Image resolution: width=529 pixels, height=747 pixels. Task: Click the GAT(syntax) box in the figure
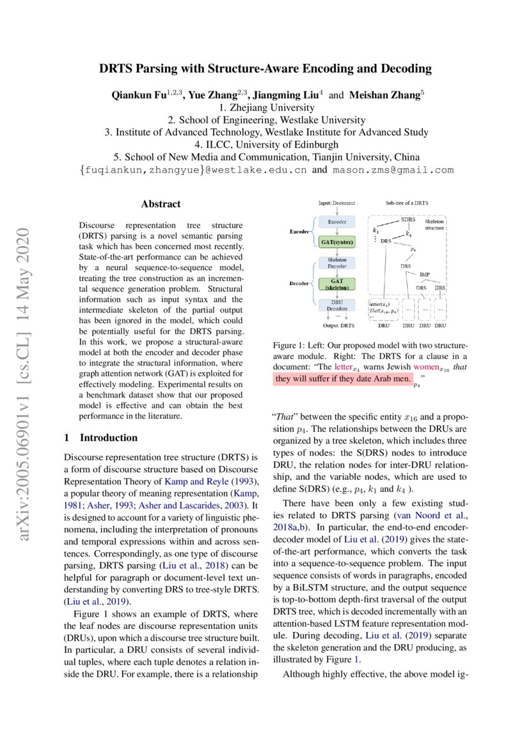(x=336, y=242)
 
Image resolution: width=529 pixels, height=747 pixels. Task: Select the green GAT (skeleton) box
(x=336, y=284)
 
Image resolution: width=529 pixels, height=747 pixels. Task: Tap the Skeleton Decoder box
(x=336, y=263)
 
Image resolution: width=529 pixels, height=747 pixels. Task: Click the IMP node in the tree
(x=425, y=274)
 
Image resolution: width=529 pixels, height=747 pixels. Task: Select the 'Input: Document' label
(x=336, y=203)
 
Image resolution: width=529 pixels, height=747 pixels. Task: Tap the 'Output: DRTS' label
(x=336, y=325)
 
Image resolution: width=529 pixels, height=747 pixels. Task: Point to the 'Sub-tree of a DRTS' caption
(x=407, y=203)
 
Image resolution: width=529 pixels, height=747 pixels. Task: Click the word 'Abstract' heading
(x=161, y=204)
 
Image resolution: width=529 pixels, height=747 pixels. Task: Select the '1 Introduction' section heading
(x=101, y=438)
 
